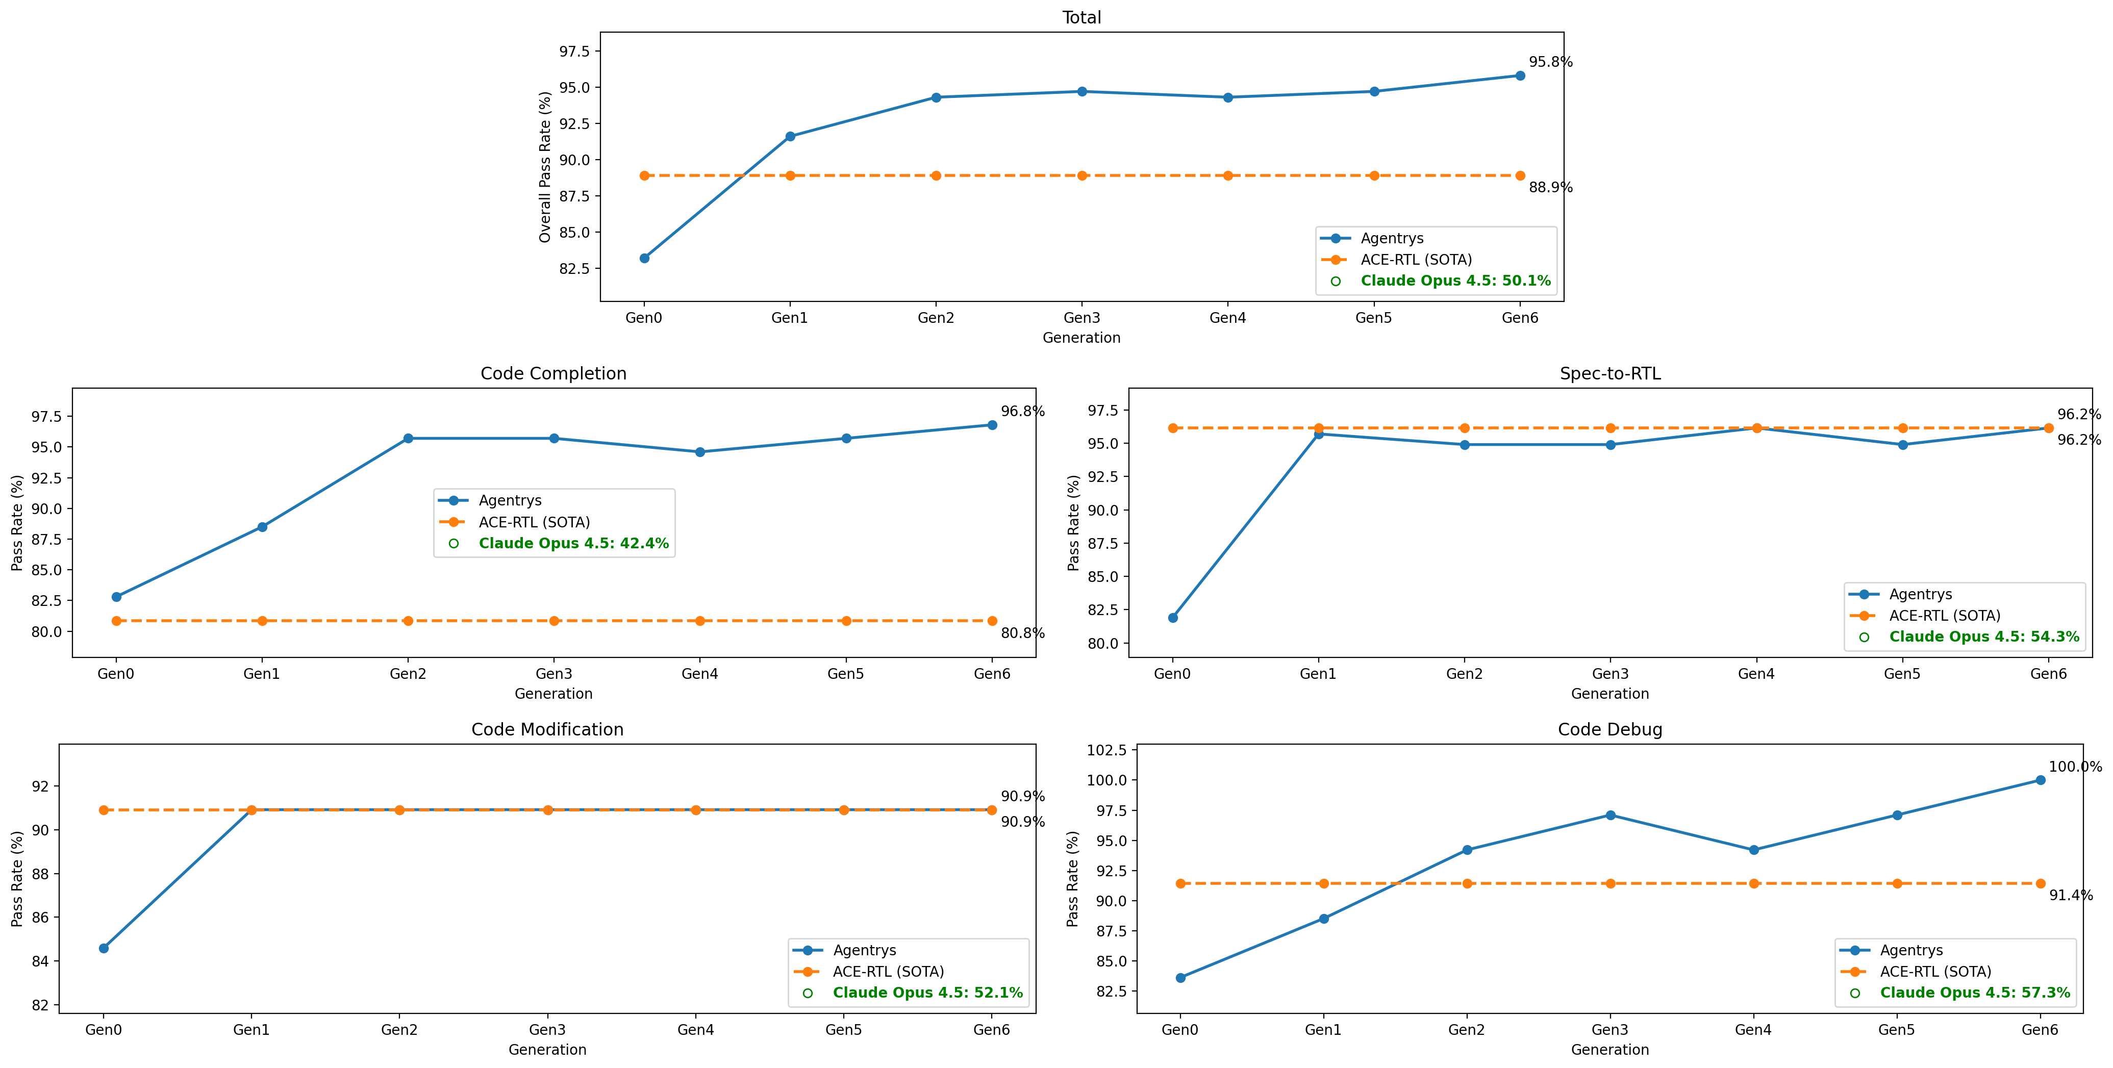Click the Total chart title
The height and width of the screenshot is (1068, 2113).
point(1081,17)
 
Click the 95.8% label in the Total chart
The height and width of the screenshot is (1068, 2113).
point(1550,62)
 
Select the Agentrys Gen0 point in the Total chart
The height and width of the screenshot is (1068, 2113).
point(645,259)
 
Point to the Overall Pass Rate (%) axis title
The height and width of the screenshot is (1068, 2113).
point(545,166)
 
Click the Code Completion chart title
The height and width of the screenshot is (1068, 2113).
point(553,373)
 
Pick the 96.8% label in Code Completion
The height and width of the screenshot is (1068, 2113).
point(1022,411)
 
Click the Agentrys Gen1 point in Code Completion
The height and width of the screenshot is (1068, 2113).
point(263,527)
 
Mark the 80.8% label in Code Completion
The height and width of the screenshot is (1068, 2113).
point(1022,633)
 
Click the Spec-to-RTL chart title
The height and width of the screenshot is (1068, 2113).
point(1609,373)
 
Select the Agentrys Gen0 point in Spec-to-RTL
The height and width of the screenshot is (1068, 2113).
point(1173,618)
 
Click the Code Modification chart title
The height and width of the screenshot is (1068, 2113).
point(547,729)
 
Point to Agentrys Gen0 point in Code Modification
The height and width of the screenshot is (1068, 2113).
point(104,948)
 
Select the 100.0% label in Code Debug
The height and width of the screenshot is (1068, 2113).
point(2074,767)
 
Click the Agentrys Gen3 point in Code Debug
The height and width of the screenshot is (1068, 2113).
point(1610,816)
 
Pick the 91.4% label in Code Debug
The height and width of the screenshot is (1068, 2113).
point(2070,896)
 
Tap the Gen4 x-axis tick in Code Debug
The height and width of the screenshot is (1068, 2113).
point(1753,1029)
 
